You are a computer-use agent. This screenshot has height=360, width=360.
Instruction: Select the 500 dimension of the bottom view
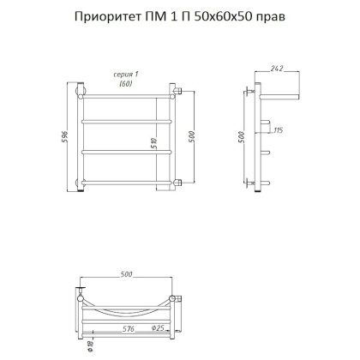click(x=127, y=277)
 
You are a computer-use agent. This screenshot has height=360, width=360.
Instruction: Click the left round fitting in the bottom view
click(x=81, y=297)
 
